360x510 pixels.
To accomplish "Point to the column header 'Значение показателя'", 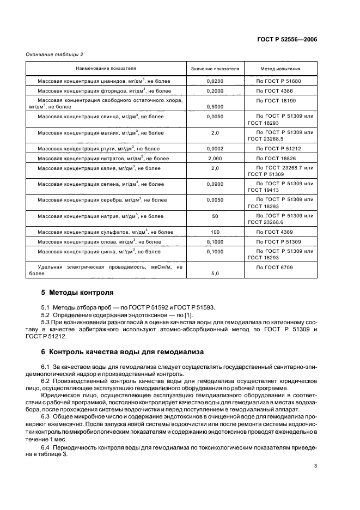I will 215,69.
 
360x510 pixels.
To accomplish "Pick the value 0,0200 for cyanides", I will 215,81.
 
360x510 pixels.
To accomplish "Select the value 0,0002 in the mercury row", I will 215,148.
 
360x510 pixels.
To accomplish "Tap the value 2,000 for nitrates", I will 215,158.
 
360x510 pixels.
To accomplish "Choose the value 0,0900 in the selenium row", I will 215,184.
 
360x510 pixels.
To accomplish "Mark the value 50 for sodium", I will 215,216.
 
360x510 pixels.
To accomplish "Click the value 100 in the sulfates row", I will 215,232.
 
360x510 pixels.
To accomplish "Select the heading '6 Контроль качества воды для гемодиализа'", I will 119,351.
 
